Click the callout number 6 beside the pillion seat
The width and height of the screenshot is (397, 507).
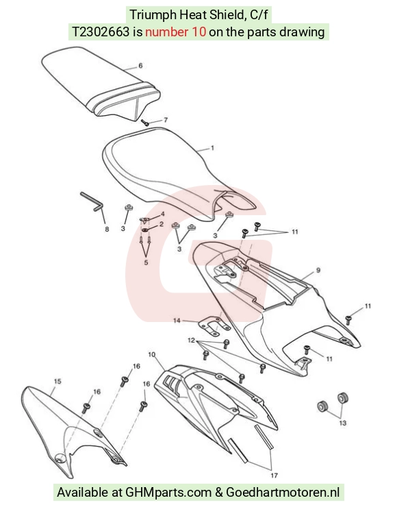[x=140, y=66]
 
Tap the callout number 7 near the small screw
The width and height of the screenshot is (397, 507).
[x=166, y=120]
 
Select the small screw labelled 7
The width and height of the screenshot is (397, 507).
[x=144, y=123]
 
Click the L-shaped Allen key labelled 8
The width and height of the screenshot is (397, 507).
[x=92, y=201]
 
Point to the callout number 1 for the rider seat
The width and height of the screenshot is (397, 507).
[x=212, y=148]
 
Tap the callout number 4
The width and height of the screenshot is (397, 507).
[x=163, y=214]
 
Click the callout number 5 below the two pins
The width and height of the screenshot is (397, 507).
[x=146, y=262]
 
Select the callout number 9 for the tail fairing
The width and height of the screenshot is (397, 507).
[x=318, y=270]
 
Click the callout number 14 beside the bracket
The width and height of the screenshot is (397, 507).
[x=177, y=321]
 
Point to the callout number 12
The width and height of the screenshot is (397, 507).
[x=191, y=340]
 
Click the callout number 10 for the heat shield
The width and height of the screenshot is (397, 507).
[x=152, y=354]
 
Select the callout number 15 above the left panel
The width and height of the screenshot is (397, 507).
[x=57, y=382]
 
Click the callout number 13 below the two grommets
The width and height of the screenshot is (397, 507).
[x=343, y=423]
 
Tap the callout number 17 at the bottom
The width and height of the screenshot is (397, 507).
[x=274, y=475]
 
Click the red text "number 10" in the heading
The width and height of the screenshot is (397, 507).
[x=175, y=32]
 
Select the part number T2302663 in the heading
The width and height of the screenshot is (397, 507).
[x=100, y=32]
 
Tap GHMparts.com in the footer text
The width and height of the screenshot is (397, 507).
[x=168, y=493]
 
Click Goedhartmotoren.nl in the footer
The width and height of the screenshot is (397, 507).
[x=283, y=493]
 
